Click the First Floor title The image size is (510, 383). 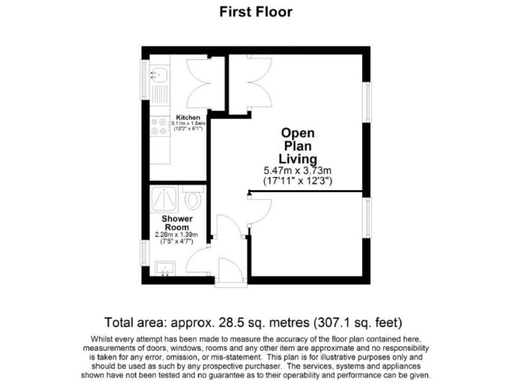click(x=255, y=12)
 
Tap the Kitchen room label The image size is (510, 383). click(x=188, y=118)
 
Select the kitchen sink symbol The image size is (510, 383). click(x=160, y=74)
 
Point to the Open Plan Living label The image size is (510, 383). click(x=297, y=146)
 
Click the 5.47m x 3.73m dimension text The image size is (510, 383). click(x=297, y=171)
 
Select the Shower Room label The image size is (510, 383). click(x=177, y=223)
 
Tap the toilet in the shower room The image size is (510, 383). click(x=194, y=198)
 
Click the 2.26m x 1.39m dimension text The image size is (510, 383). click(x=177, y=235)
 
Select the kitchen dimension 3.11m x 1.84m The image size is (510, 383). click(x=188, y=124)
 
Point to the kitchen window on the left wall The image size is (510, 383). click(x=144, y=80)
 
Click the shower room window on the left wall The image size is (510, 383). click(x=144, y=252)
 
